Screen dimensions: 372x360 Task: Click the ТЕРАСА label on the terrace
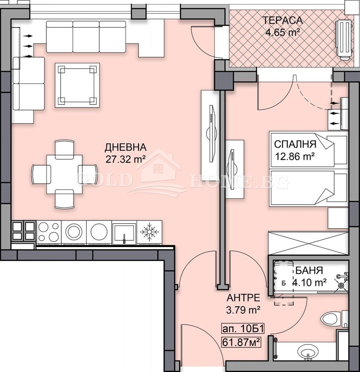(283, 20)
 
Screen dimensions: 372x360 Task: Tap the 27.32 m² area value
(125, 159)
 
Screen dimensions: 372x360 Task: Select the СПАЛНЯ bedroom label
(295, 144)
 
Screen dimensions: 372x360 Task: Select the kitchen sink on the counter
(124, 232)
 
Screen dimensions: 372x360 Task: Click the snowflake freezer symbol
(149, 232)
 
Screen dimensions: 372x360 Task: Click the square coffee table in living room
(77, 85)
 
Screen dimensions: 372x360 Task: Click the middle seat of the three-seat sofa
(86, 36)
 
